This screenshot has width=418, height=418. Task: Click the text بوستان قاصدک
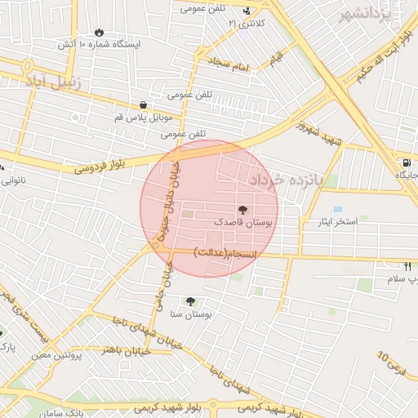tap(246, 221)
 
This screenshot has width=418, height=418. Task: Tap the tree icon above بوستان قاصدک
tap(242, 210)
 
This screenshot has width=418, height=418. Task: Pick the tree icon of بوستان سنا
tap(191, 301)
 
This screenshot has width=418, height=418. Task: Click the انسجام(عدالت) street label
tap(225, 255)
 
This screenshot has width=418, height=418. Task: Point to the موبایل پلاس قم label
tap(150, 118)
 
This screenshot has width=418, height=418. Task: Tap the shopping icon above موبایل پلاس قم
tap(144, 105)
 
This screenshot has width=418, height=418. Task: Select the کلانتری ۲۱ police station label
tap(247, 23)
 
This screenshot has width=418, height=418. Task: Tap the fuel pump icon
tap(406, 162)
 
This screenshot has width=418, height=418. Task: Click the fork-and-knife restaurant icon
tap(407, 267)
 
